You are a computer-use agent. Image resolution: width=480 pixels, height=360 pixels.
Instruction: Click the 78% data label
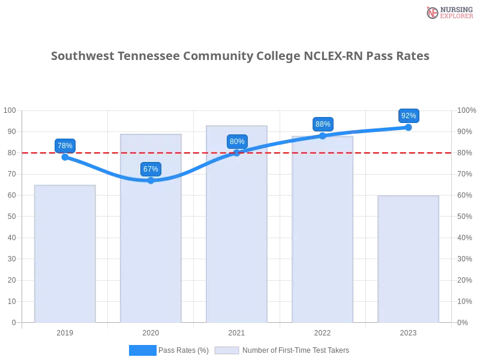pyautogui.click(x=65, y=145)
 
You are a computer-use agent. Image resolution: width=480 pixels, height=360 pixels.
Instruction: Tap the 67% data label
pyautogui.click(x=151, y=169)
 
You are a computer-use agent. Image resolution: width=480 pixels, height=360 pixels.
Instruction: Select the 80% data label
pyautogui.click(x=237, y=142)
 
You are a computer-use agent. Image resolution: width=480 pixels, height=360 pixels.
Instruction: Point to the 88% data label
pyautogui.click(x=323, y=124)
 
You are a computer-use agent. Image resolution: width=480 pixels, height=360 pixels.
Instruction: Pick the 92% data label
pyautogui.click(x=409, y=115)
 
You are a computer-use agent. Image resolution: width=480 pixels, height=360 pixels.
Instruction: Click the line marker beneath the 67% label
pyautogui.click(x=151, y=180)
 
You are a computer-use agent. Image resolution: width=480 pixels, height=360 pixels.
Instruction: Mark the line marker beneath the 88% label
pyautogui.click(x=323, y=136)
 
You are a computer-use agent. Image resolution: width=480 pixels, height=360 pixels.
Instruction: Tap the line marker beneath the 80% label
pyautogui.click(x=237, y=152)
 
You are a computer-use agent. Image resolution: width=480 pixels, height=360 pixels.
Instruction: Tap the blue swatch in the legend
pyautogui.click(x=143, y=350)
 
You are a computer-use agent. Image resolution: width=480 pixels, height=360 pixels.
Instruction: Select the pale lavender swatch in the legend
pyautogui.click(x=227, y=350)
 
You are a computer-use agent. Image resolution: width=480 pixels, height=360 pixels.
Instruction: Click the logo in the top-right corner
pyautogui.click(x=448, y=12)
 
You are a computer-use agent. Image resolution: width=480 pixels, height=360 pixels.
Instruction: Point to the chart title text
pyautogui.click(x=240, y=56)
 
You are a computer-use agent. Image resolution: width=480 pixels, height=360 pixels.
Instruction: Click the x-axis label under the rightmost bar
pyautogui.click(x=409, y=331)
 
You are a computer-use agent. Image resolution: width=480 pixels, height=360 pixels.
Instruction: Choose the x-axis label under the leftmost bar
pyautogui.click(x=65, y=332)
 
